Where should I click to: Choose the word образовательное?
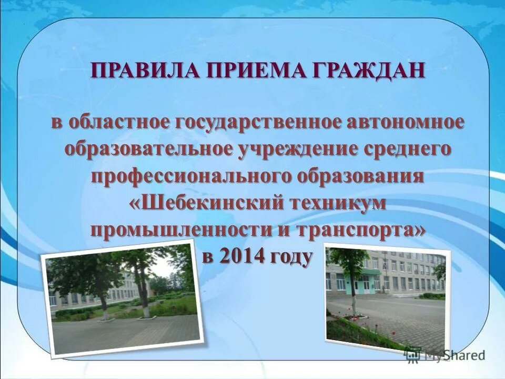point(149,149)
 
